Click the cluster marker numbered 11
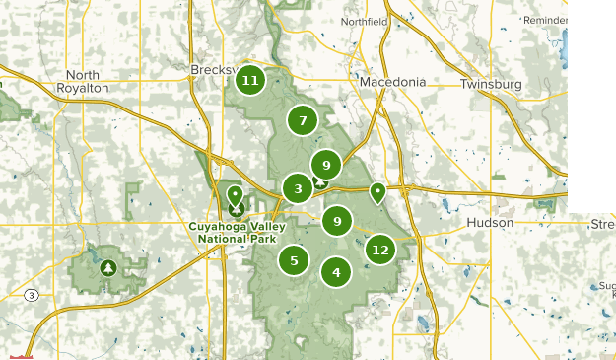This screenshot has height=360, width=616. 250,80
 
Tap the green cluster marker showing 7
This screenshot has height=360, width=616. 303,121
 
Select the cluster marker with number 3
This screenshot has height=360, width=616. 297,188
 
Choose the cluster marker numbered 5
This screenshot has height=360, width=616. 294,261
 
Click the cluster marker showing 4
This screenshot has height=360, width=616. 336,272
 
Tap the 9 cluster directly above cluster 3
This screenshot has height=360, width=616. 325,165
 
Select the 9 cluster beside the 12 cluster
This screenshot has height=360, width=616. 337,221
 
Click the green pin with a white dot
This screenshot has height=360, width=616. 376,191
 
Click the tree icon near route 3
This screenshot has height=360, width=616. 107,267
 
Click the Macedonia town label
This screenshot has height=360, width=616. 392,81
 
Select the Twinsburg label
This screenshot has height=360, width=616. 490,85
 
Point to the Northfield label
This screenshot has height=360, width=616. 365,21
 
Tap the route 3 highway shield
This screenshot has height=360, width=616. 33,294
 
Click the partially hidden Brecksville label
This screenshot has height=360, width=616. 211,71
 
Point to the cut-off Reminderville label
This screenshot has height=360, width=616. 545,20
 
